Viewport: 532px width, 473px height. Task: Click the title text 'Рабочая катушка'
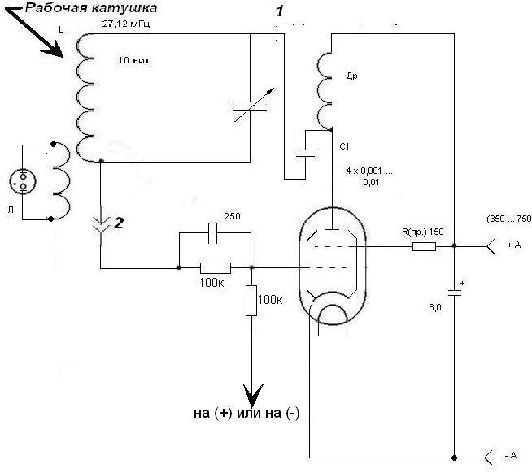click(89, 9)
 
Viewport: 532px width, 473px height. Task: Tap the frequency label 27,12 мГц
click(126, 25)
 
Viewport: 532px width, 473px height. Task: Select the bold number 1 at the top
click(279, 11)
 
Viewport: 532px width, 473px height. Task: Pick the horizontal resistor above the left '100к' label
click(216, 267)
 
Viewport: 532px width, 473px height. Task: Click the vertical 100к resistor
click(251, 301)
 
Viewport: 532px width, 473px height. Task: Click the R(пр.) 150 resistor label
click(424, 232)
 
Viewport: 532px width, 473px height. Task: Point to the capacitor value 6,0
click(435, 308)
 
